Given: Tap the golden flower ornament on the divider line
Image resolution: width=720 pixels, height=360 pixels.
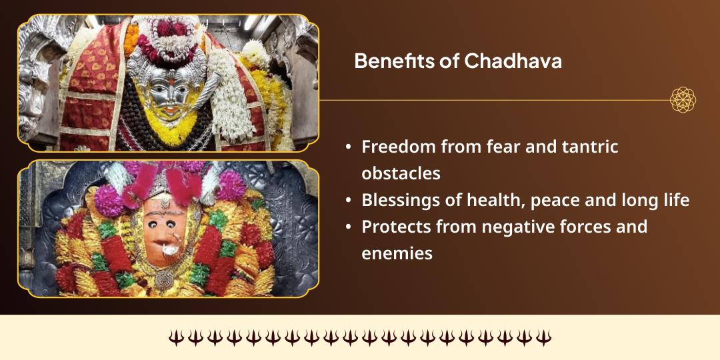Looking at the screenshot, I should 683,100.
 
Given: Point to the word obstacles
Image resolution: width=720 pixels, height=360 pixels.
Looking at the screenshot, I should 401,173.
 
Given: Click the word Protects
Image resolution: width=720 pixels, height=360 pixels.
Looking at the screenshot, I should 396,227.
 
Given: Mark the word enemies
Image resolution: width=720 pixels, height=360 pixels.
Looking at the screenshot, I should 397,253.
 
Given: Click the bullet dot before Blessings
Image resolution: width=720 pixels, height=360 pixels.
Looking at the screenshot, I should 349,201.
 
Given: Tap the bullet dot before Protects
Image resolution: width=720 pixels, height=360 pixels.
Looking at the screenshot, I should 349,227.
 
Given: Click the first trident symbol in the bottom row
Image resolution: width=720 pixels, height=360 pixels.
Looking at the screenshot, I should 175,337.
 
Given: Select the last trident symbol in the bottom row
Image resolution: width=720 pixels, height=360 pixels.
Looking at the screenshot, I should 543,337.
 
